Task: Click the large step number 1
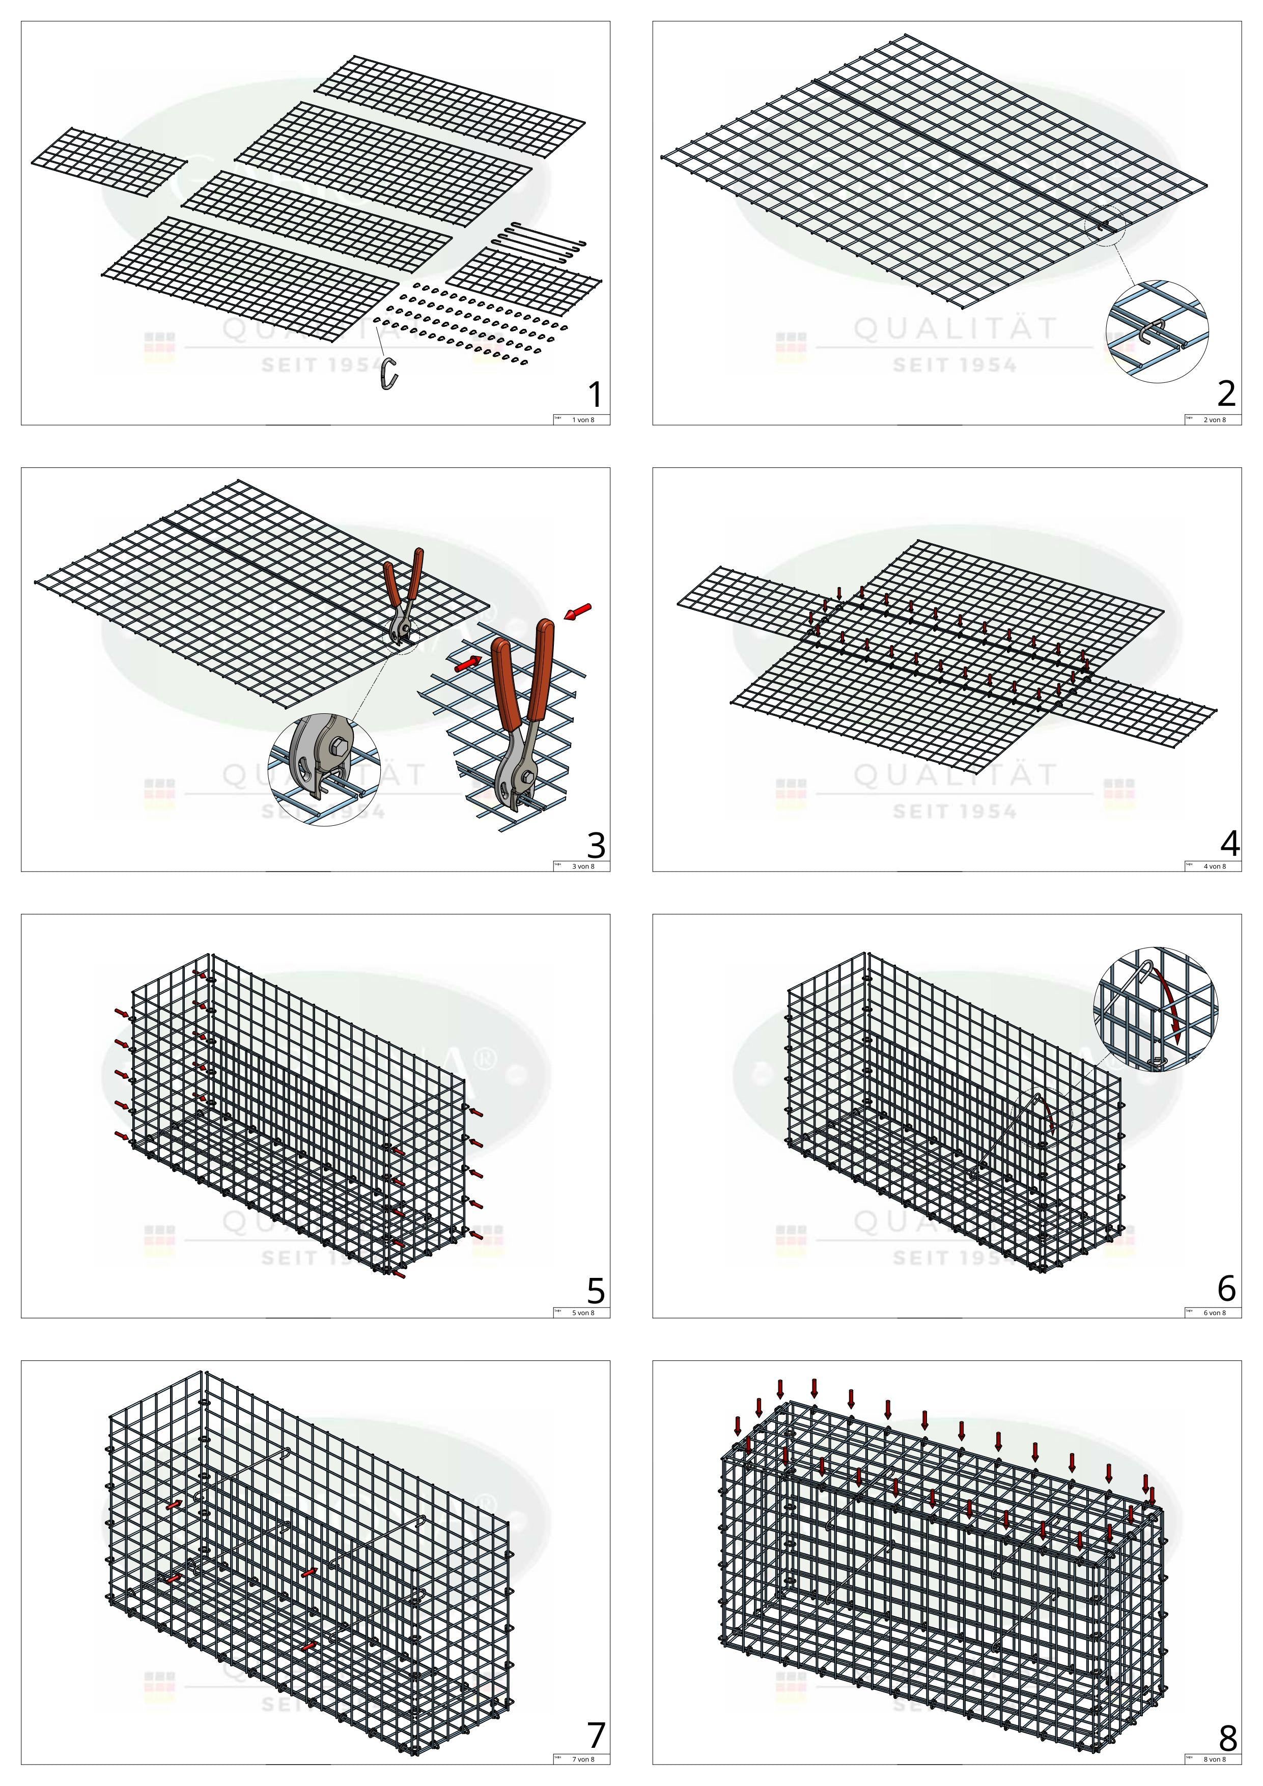click(595, 395)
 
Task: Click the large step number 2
click(1226, 395)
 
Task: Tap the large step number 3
click(596, 844)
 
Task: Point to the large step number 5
click(596, 1291)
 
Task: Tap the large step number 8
click(1228, 1737)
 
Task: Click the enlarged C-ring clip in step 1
click(389, 373)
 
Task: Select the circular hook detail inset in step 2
click(1157, 330)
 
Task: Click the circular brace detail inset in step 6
click(1156, 1008)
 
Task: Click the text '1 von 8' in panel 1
click(583, 420)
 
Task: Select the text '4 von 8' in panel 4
click(1214, 867)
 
